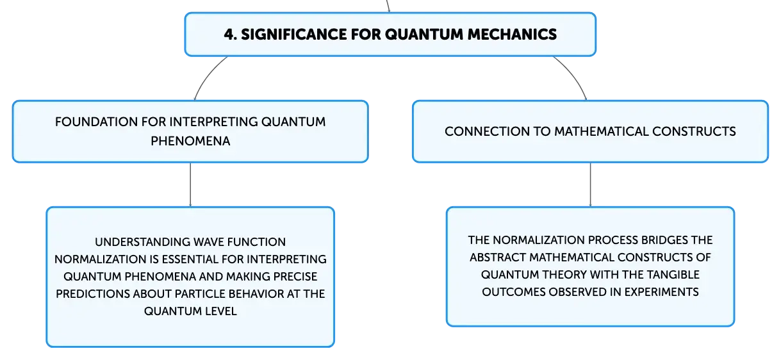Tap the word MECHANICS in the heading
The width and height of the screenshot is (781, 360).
(x=512, y=34)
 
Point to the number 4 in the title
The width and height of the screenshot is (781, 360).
(x=229, y=34)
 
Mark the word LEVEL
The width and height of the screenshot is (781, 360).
(x=220, y=311)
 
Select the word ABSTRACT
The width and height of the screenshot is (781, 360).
(x=498, y=258)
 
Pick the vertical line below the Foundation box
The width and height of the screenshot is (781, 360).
(x=190, y=184)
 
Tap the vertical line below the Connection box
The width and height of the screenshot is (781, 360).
(x=590, y=184)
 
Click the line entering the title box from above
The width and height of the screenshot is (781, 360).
(x=388, y=6)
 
